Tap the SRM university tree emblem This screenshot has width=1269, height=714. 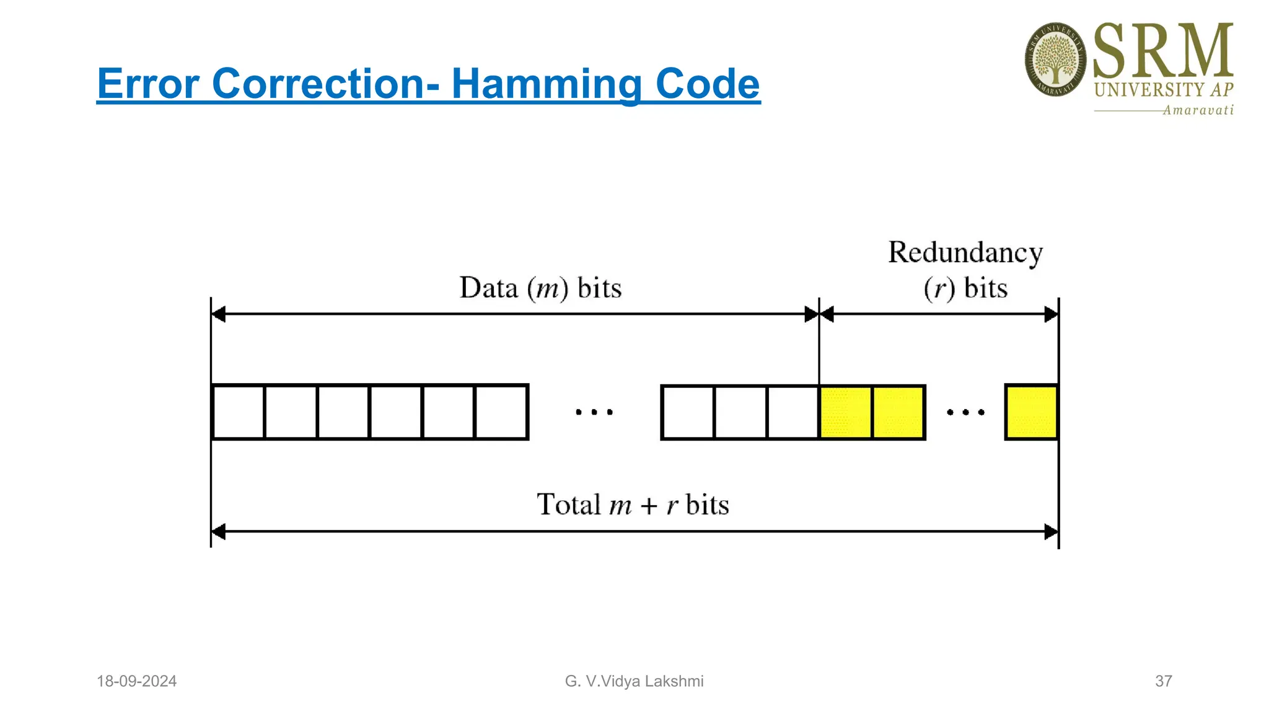tap(1055, 59)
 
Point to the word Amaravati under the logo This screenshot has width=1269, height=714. tap(1197, 110)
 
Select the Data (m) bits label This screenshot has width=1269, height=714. tap(540, 288)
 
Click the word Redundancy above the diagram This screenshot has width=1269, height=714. tap(965, 253)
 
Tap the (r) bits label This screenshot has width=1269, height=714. tap(965, 289)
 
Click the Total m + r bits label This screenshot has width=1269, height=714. tap(632, 505)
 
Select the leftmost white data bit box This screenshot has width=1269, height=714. tap(239, 412)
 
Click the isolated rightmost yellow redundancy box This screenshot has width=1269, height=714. tap(1031, 412)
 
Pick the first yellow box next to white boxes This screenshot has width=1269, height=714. tap(846, 412)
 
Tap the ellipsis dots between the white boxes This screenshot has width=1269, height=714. tap(594, 412)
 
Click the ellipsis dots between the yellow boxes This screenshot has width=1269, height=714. tap(965, 412)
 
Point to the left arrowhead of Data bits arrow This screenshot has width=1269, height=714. tap(218, 314)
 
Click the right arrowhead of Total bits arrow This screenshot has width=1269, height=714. tap(1051, 532)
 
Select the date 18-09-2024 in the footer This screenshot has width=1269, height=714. tap(136, 681)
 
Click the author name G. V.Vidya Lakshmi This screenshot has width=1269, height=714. tap(634, 681)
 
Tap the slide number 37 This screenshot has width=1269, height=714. tap(1163, 681)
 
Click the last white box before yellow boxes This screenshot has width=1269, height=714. tap(793, 412)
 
